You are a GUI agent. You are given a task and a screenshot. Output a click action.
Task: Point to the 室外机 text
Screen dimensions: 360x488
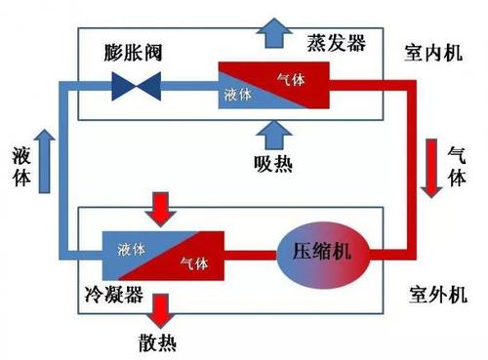[x=436, y=293]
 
